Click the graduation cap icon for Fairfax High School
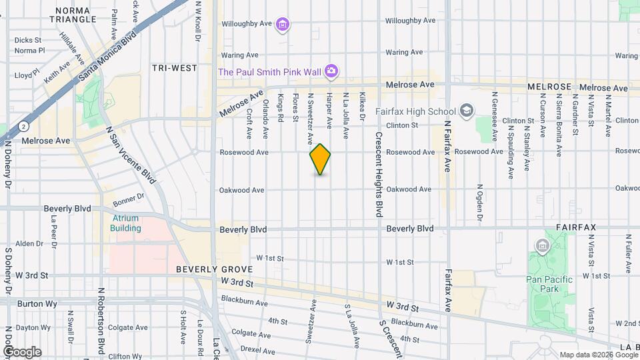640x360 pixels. click(467, 111)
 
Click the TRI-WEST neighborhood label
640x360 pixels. click(175, 68)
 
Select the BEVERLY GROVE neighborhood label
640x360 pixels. click(214, 269)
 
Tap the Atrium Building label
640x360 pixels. click(126, 223)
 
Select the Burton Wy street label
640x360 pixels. click(31, 303)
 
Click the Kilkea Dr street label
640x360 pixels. click(363, 106)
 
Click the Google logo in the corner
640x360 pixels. click(22, 351)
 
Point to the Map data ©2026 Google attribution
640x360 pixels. click(598, 355)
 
